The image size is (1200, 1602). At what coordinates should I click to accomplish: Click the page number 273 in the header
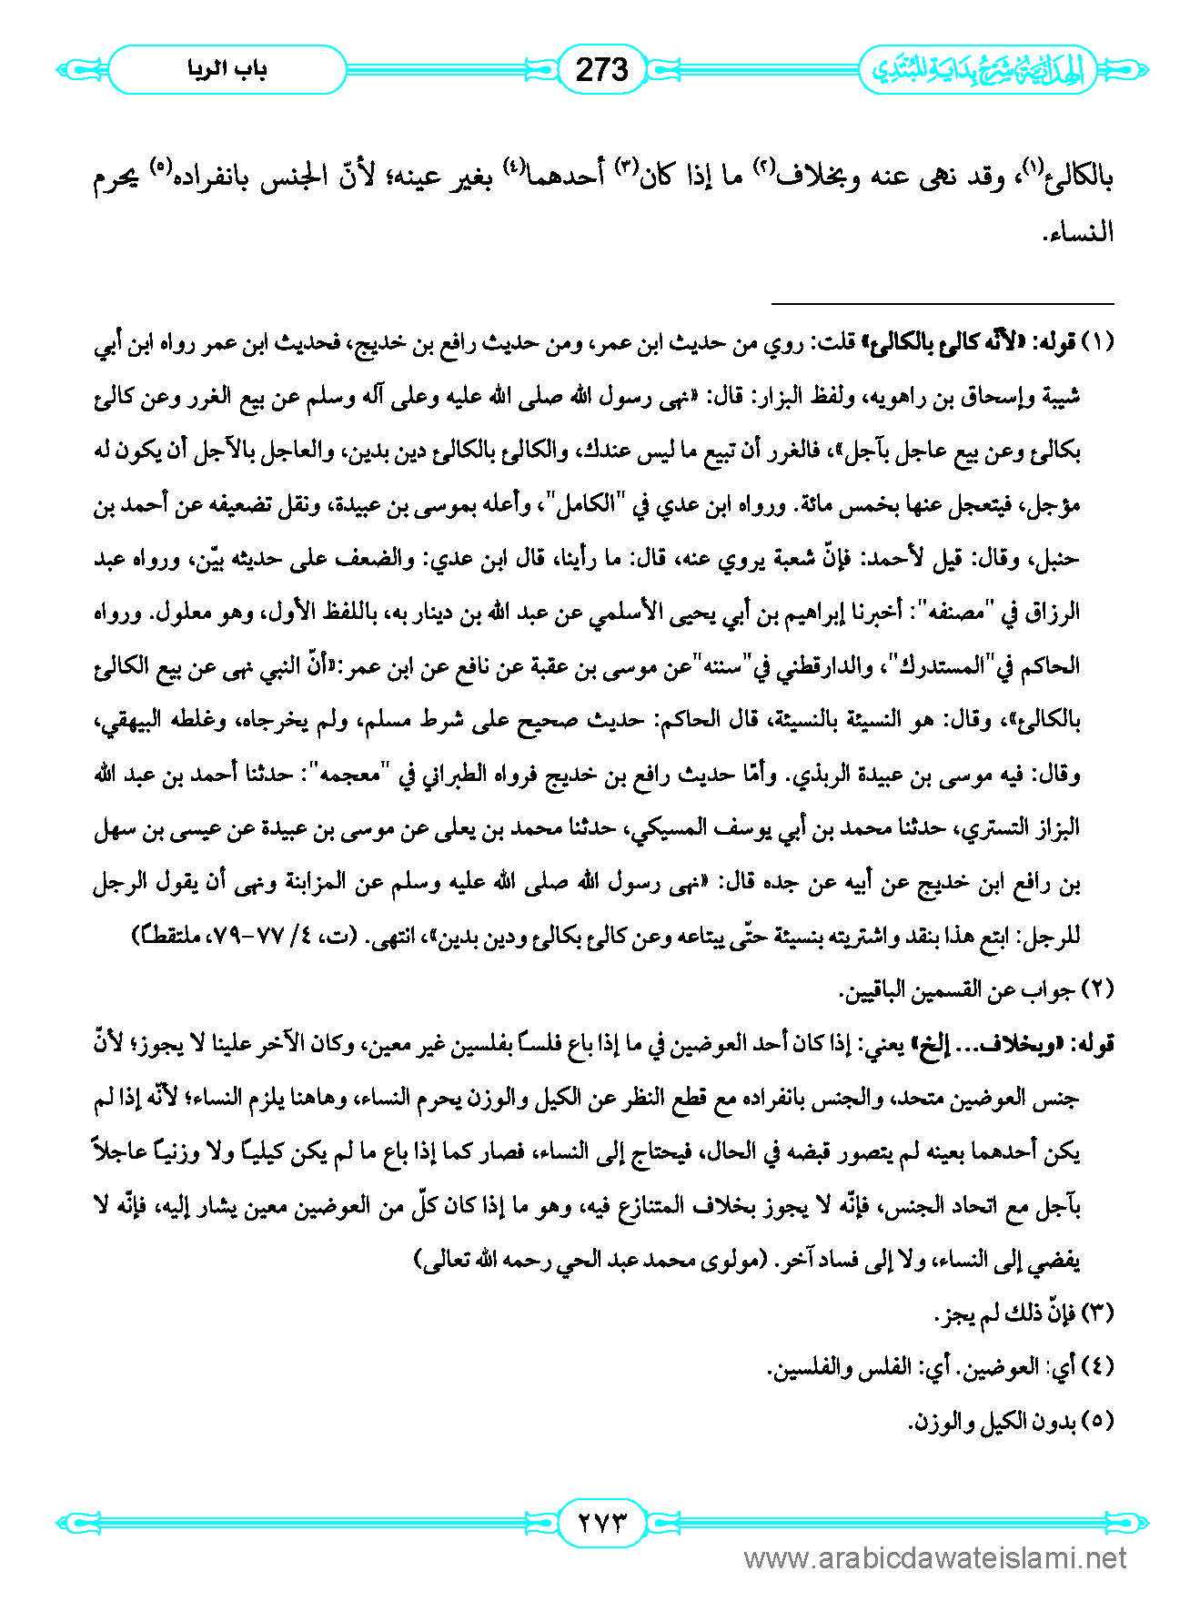(x=601, y=69)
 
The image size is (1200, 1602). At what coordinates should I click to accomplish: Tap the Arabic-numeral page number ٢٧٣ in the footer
(x=601, y=1521)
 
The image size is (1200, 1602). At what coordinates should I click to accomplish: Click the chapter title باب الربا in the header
(x=227, y=69)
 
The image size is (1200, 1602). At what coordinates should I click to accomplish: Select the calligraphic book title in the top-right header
(x=978, y=70)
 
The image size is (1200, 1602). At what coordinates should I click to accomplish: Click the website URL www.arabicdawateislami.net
(x=935, y=1558)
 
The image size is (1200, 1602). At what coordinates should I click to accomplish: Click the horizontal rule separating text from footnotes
(x=943, y=303)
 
